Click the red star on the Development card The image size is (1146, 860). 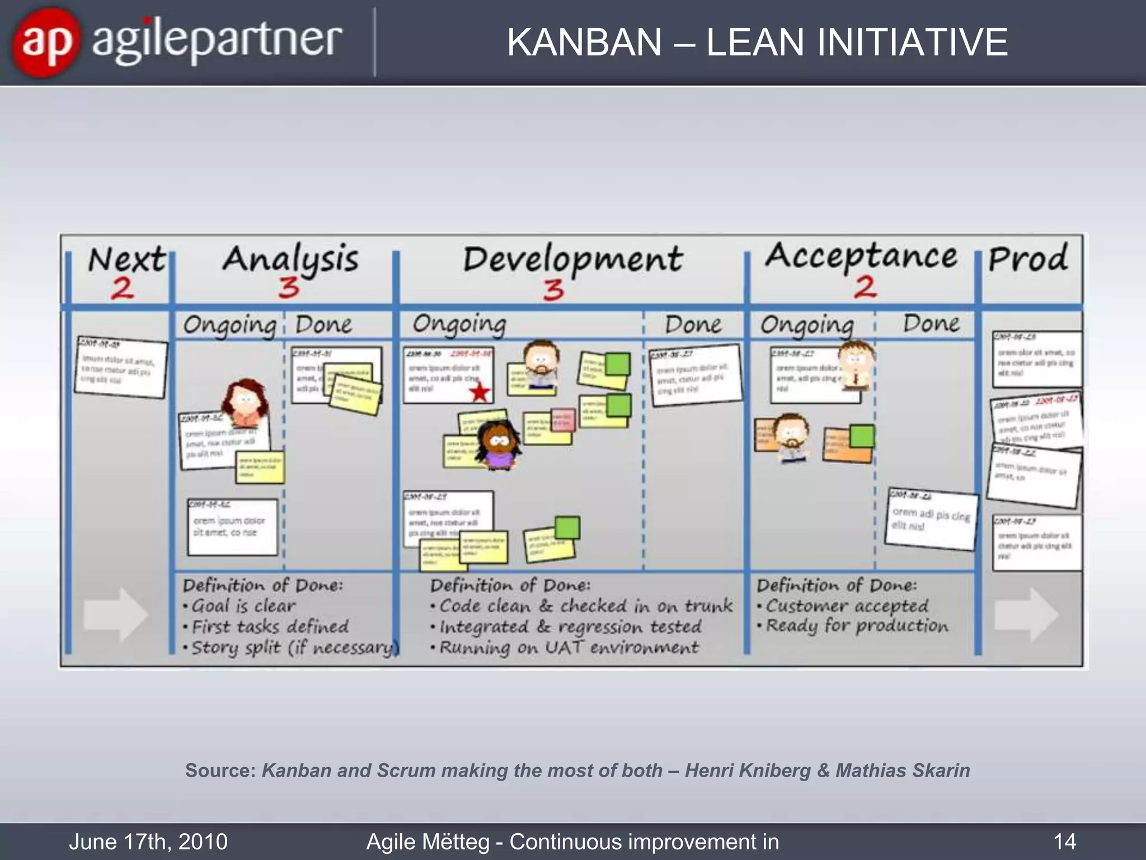[480, 392]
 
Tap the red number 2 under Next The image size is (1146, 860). [123, 289]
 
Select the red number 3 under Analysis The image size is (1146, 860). [289, 288]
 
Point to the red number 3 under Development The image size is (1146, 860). [553, 290]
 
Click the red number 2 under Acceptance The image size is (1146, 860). [865, 287]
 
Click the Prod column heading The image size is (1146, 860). [1028, 259]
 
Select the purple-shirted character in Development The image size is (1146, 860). [498, 446]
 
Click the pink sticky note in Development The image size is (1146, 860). [563, 419]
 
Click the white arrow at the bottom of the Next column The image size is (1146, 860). [116, 614]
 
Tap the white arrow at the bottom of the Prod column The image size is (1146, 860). [1026, 614]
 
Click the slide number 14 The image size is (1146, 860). [1064, 842]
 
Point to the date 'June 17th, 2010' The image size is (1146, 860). [148, 842]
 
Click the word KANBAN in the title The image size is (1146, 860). [584, 43]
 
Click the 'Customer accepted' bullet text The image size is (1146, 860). [847, 606]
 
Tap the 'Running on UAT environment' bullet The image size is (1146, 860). [569, 648]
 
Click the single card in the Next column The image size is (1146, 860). [121, 367]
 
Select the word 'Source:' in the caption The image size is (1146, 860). [220, 770]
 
